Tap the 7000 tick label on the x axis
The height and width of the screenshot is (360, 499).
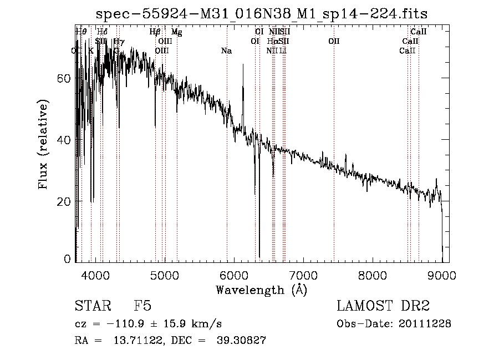303,273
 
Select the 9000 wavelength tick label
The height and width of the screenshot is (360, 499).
442,273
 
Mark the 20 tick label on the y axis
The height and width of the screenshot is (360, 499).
64,201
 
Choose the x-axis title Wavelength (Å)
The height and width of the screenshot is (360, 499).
261,290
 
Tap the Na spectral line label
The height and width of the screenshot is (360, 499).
226,51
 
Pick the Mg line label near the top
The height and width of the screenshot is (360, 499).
176,32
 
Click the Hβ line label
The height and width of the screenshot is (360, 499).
155,32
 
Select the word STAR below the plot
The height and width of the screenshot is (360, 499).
92,307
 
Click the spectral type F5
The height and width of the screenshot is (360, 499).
142,307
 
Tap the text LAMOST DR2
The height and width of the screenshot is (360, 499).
383,307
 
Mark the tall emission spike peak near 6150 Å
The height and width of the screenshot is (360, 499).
243,65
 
